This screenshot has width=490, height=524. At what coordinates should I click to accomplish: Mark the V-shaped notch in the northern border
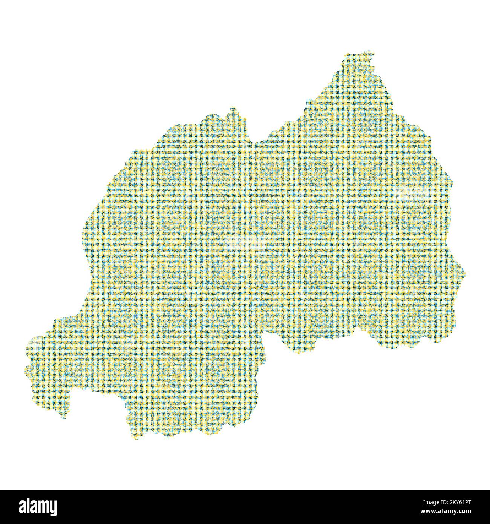pos(255,143)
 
